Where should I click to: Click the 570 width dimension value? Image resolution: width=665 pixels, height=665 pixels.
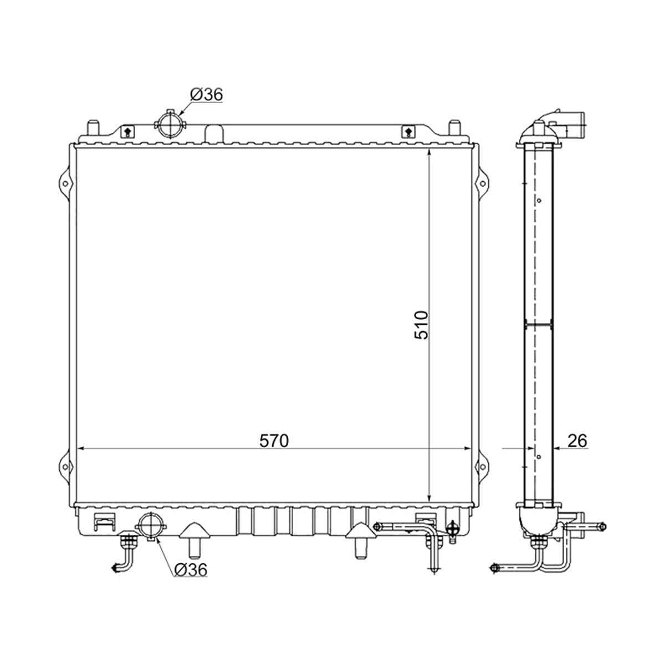click(x=274, y=441)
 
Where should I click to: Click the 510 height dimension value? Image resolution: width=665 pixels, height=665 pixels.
click(x=421, y=325)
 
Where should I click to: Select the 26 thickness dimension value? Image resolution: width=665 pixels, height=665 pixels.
click(x=577, y=441)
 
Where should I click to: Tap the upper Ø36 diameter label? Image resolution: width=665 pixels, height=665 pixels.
click(x=206, y=95)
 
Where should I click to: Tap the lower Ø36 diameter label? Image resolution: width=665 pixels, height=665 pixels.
click(x=191, y=570)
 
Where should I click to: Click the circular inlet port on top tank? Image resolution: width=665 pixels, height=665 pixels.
click(x=170, y=124)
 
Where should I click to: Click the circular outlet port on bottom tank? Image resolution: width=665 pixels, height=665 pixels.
click(x=151, y=527)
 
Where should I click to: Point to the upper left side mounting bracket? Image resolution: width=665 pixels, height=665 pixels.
click(x=65, y=183)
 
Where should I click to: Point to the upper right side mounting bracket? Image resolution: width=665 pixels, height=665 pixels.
click(x=483, y=183)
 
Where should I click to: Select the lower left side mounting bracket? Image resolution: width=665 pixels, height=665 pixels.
click(x=65, y=467)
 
